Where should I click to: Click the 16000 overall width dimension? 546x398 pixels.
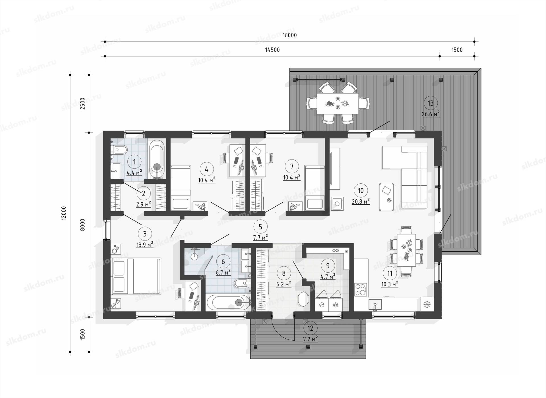tap(289, 35)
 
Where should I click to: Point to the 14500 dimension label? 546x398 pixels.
tap(272, 50)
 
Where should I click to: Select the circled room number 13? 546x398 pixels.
tap(431, 103)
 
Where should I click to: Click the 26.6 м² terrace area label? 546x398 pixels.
tap(431, 114)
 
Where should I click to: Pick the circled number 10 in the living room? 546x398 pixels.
tap(361, 190)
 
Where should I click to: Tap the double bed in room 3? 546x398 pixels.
tap(136, 276)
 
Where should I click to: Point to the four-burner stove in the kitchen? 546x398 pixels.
tap(360, 290)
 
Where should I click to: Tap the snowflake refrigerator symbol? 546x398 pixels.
tap(427, 304)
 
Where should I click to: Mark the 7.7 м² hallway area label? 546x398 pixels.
tap(260, 238)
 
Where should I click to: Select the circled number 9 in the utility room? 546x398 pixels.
tap(328, 266)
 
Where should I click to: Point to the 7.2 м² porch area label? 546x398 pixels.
tap(310, 339)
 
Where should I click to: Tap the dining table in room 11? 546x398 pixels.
tap(406, 250)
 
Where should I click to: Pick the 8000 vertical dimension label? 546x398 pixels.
tap(82, 225)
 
